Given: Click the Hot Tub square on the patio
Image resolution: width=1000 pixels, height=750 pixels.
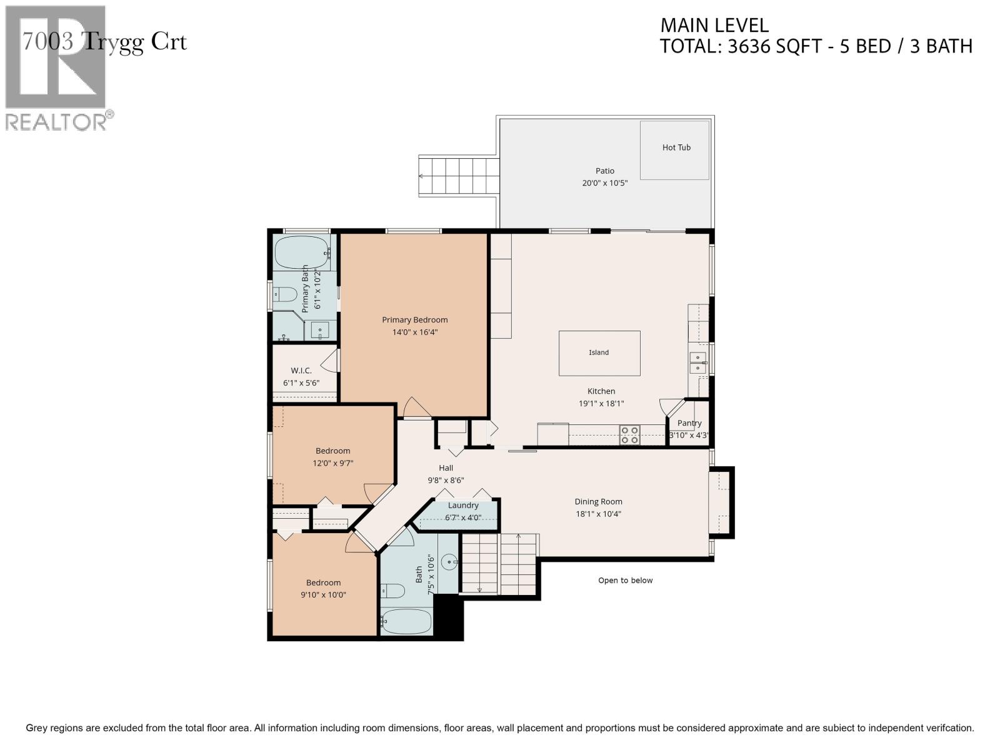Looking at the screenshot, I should pyautogui.click(x=675, y=150).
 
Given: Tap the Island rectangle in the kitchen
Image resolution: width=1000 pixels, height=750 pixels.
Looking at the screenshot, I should pyautogui.click(x=599, y=353).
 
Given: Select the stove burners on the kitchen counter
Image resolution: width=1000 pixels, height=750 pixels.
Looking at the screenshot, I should pyautogui.click(x=629, y=435).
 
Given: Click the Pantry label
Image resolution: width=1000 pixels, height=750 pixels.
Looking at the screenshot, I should pyautogui.click(x=689, y=423).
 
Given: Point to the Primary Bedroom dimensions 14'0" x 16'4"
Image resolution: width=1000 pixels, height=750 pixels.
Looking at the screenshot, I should pyautogui.click(x=415, y=332).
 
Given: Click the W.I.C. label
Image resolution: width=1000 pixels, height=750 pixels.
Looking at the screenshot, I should pyautogui.click(x=301, y=371).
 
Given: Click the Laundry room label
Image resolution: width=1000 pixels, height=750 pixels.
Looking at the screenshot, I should pyautogui.click(x=463, y=506).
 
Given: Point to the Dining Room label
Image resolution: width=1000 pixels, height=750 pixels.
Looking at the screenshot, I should pyautogui.click(x=598, y=501).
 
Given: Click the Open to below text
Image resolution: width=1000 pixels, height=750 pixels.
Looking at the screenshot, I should pyautogui.click(x=625, y=580).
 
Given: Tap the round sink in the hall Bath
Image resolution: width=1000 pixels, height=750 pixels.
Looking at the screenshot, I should pyautogui.click(x=450, y=562).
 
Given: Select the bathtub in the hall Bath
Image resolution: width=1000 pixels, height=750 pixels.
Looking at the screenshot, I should pyautogui.click(x=406, y=622).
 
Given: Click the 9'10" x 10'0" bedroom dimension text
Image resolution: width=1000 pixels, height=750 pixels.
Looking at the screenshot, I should pyautogui.click(x=323, y=595).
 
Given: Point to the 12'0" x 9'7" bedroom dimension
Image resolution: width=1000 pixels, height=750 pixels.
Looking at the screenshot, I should pyautogui.click(x=332, y=463).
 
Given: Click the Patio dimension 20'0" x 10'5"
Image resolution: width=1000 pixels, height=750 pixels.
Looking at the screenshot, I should pyautogui.click(x=604, y=183).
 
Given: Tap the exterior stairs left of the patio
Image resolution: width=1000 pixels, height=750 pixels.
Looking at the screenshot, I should pyautogui.click(x=459, y=177).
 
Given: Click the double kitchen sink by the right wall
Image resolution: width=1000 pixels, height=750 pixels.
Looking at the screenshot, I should pyautogui.click(x=697, y=362).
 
